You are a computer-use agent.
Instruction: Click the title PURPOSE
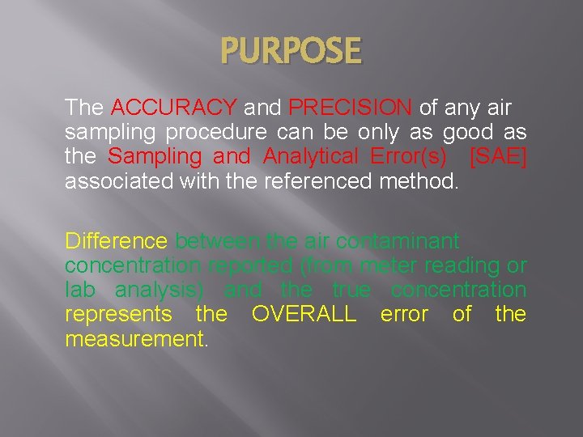(292, 52)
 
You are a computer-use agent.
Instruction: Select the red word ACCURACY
(173, 108)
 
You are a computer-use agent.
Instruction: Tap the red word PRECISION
(351, 108)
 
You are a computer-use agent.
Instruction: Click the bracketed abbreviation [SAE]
(497, 156)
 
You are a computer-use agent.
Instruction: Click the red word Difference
(117, 241)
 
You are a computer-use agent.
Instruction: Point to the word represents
(118, 314)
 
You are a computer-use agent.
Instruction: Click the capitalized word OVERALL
(304, 314)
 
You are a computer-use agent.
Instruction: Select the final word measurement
(136, 338)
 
